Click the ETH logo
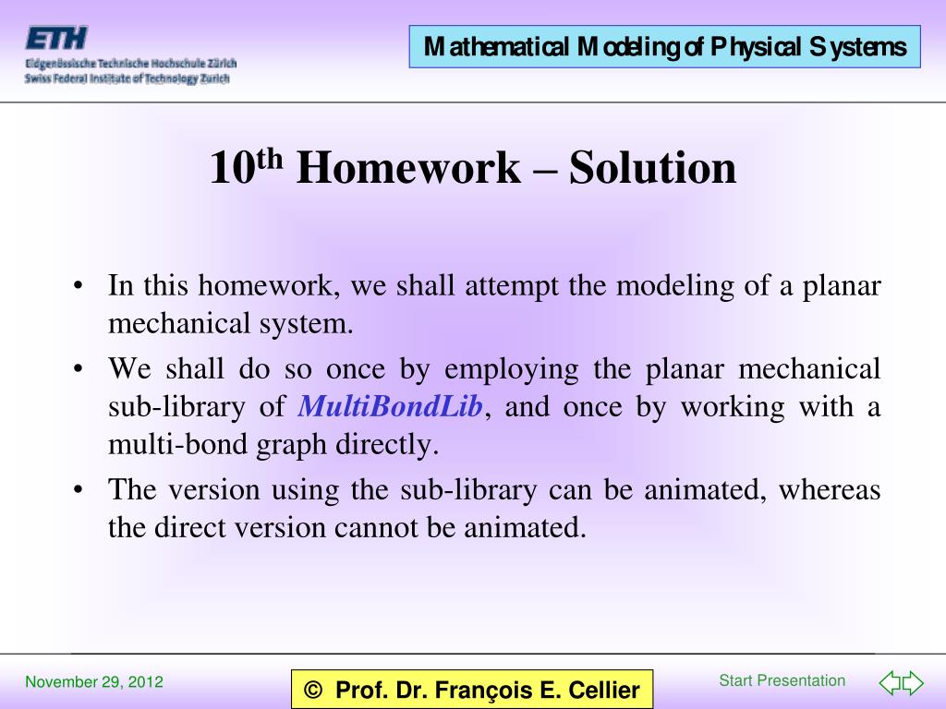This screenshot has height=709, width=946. click(56, 38)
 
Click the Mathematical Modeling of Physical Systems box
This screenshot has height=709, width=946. click(665, 47)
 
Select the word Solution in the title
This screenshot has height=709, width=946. click(652, 168)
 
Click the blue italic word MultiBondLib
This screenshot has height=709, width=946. click(391, 407)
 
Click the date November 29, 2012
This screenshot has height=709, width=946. click(94, 683)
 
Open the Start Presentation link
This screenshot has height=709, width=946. click(782, 681)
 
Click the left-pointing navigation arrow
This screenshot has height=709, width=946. click(889, 684)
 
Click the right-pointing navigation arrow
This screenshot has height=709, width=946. click(913, 684)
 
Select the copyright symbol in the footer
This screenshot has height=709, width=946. click(314, 691)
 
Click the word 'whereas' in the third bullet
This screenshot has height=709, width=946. click(829, 489)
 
